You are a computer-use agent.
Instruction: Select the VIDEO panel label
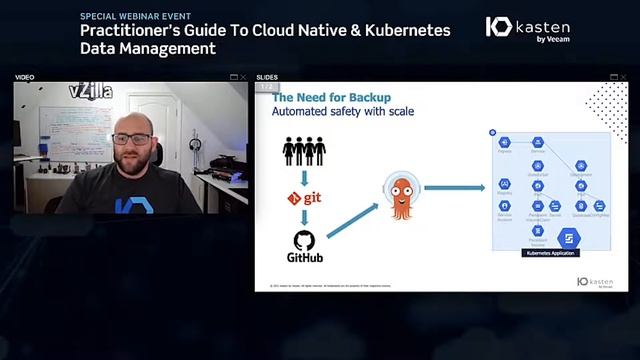25,77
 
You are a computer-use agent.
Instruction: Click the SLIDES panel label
267,77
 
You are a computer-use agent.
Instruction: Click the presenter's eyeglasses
133,138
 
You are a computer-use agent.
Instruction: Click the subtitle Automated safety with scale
343,111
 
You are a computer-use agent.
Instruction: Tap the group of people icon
304,150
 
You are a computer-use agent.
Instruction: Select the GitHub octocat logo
305,240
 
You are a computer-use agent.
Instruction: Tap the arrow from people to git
304,176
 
